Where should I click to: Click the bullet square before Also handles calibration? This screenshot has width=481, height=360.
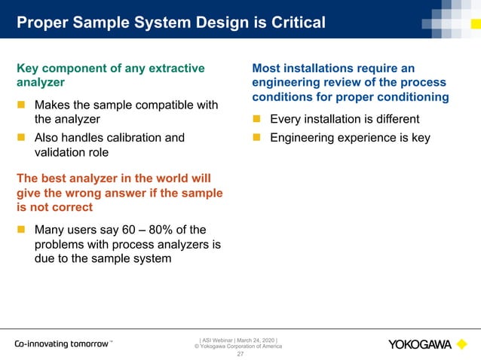point(22,138)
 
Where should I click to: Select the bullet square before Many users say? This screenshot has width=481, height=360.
point(22,230)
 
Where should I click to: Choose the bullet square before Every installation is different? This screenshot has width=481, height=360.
point(257,119)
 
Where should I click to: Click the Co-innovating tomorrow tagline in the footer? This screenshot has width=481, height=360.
point(63,344)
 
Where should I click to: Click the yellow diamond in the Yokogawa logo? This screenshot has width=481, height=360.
point(462,344)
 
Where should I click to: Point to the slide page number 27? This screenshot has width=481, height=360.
point(240,353)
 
